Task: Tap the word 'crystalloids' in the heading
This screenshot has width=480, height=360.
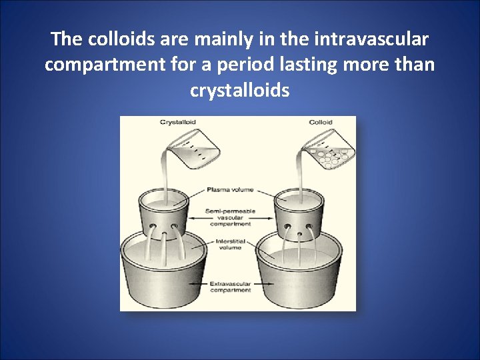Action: coord(240,90)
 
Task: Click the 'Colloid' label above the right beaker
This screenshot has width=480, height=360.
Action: coord(321,122)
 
